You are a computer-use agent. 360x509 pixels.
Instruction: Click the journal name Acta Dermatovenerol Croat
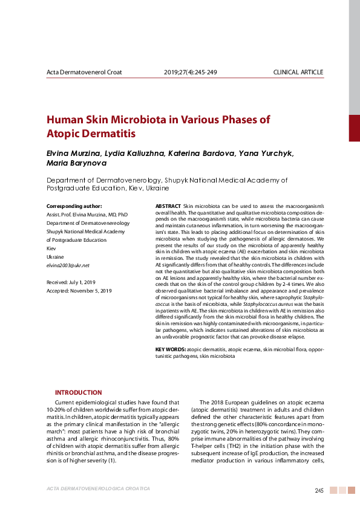tap(84, 73)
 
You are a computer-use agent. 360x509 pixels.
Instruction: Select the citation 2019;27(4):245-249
tap(190, 73)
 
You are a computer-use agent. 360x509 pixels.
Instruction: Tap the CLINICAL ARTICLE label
tap(298, 73)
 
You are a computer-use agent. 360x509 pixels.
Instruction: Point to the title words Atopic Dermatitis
tap(91, 133)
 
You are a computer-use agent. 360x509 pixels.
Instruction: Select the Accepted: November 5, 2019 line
tap(79, 291)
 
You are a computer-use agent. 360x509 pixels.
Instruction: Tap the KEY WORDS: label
tap(170, 350)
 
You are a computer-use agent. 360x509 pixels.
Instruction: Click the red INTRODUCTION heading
tap(79, 392)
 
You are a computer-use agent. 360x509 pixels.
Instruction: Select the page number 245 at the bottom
tap(319, 490)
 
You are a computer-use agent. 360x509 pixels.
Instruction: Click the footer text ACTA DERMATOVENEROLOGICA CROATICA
tap(98, 488)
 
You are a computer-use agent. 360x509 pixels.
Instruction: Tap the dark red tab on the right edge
tap(354, 128)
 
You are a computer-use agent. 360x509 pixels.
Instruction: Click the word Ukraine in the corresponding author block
tap(55, 257)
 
